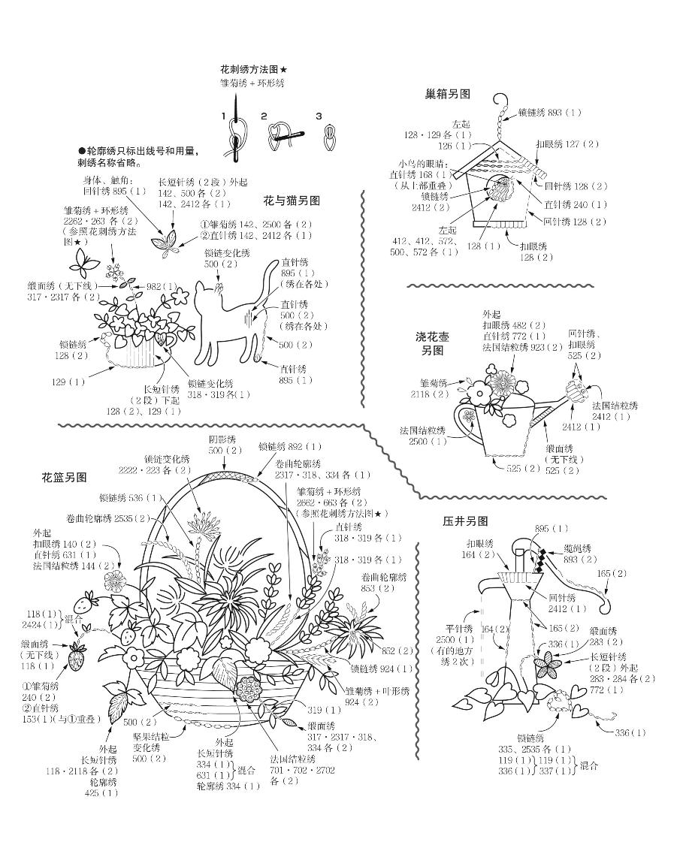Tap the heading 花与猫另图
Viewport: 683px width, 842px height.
[x=292, y=201]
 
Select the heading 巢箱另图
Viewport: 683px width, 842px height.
[x=447, y=95]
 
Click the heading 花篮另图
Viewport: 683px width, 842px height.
[x=64, y=477]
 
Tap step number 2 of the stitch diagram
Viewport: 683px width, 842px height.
[x=264, y=116]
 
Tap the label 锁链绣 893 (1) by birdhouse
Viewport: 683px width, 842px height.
[x=549, y=113]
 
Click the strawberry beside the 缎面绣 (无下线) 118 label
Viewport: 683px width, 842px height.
[x=76, y=657]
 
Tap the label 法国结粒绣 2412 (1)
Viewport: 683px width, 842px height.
[x=615, y=411]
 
